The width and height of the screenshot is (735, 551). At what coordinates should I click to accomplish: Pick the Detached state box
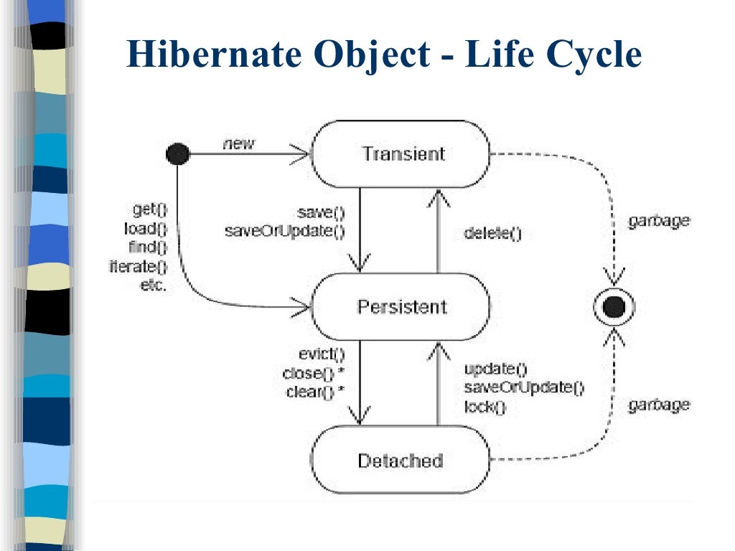[400, 461]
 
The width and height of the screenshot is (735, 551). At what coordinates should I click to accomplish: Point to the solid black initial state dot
[177, 153]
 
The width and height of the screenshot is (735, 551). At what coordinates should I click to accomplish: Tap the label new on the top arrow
[239, 143]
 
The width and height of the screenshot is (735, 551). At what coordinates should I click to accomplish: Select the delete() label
[492, 233]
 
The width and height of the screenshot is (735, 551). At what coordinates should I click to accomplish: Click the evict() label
[322, 354]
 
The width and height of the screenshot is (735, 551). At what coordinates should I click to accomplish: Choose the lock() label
[485, 407]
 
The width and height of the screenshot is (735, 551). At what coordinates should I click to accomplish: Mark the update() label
[495, 369]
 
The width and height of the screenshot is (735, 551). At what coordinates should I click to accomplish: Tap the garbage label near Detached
[658, 405]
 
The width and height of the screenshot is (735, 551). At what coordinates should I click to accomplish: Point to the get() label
[149, 210]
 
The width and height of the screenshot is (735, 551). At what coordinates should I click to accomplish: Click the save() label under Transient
[321, 212]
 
